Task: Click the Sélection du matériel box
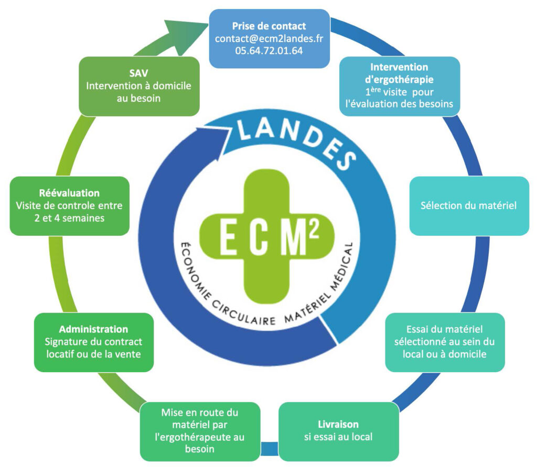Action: click(x=468, y=205)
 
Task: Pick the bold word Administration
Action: click(x=93, y=329)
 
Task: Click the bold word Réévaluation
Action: click(x=69, y=193)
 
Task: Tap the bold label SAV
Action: click(x=138, y=73)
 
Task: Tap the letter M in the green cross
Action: click(x=298, y=241)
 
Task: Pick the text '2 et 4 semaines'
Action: click(x=68, y=218)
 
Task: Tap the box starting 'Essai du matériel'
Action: click(x=445, y=342)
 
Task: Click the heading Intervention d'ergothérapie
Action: click(x=399, y=72)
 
